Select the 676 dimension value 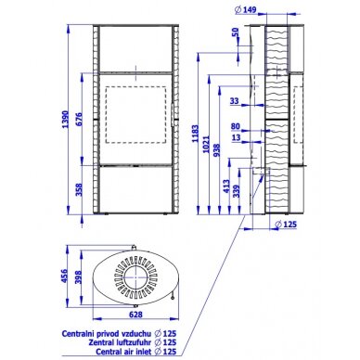[79, 119]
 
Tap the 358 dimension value [79, 190]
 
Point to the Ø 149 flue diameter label [246, 10]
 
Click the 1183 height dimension [195, 134]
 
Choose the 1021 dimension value [207, 145]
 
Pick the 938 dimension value [216, 150]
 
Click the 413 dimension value [226, 186]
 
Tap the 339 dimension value [237, 192]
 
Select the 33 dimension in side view [235, 101]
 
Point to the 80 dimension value [236, 126]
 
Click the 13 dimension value [236, 137]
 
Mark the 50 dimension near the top [236, 32]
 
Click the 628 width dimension [135, 315]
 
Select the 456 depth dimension [64, 276]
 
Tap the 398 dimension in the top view [78, 277]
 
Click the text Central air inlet [123, 352]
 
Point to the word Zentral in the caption [98, 342]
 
